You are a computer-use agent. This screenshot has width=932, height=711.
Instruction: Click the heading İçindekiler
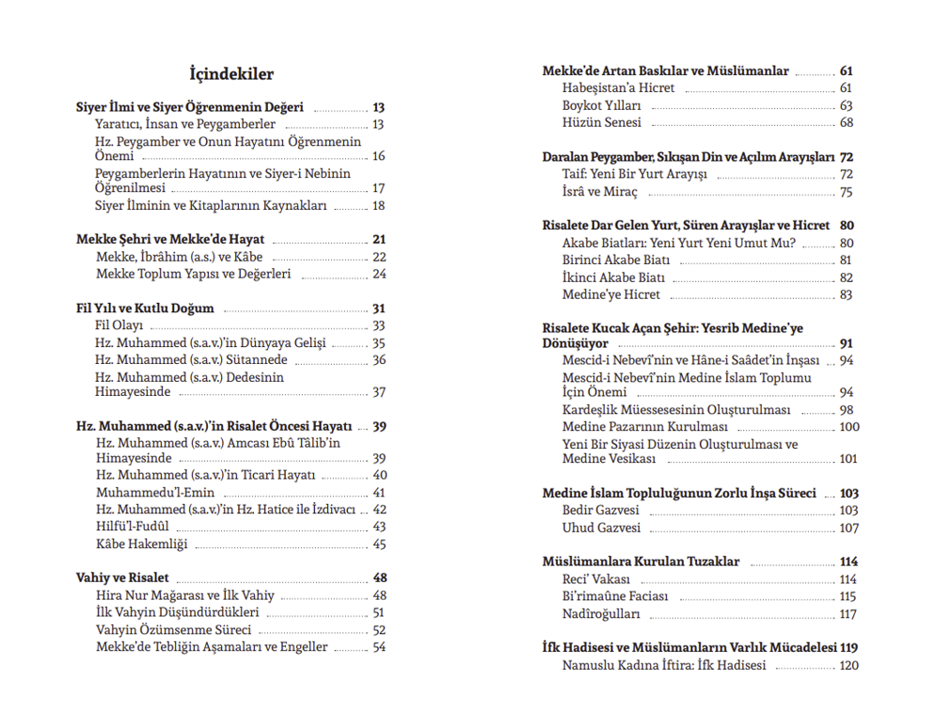(x=231, y=74)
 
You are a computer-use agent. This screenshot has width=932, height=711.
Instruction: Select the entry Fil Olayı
(x=118, y=325)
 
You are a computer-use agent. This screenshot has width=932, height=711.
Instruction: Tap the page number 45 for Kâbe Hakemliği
(x=379, y=544)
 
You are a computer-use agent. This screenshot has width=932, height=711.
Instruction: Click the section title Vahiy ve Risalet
(x=122, y=577)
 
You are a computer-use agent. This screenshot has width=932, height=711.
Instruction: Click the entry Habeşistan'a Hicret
(x=618, y=87)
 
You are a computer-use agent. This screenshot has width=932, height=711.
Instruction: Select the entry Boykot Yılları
(x=602, y=105)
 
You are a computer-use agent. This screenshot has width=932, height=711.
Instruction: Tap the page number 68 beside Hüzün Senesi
(x=846, y=122)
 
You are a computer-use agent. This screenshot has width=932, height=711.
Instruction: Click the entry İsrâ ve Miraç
(x=600, y=192)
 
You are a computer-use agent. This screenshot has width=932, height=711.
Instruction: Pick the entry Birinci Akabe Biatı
(x=616, y=260)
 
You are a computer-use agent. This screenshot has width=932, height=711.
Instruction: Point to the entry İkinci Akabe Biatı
(x=613, y=277)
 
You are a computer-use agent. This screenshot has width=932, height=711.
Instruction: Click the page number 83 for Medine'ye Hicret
(x=846, y=294)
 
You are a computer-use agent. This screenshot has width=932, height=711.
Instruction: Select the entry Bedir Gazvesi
(x=600, y=510)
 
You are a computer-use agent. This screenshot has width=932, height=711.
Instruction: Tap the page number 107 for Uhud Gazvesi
(x=848, y=528)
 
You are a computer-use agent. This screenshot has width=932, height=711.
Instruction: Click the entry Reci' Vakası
(x=596, y=579)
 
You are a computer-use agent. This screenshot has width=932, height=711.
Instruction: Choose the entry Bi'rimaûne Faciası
(x=615, y=596)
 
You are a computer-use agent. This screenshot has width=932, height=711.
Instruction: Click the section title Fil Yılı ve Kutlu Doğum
(x=146, y=308)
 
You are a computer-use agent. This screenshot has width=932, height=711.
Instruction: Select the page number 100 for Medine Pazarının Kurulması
(x=848, y=426)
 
